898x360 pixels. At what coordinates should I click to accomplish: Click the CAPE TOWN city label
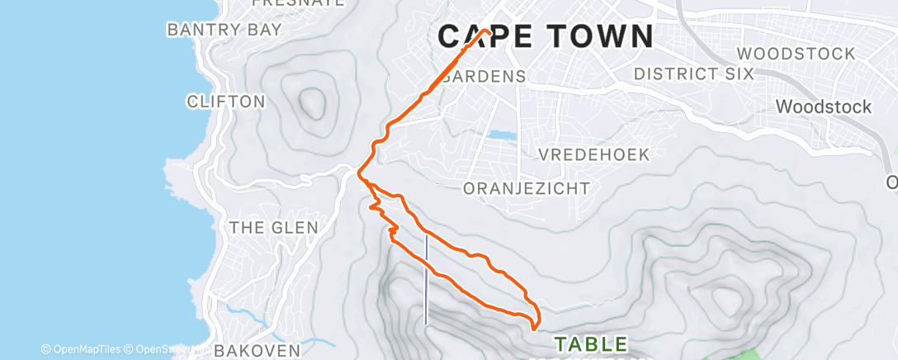[x=546, y=37]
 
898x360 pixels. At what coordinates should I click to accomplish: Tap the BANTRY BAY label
[x=224, y=29]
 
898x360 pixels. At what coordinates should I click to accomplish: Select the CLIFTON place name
[x=226, y=102]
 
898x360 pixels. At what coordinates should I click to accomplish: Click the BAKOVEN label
[x=257, y=350]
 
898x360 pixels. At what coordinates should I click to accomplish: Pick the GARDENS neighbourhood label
[x=484, y=76]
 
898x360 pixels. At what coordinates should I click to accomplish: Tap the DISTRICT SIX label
[x=694, y=73]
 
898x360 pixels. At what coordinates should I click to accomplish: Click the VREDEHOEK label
[x=594, y=154]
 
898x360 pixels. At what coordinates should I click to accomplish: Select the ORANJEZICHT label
[x=527, y=188]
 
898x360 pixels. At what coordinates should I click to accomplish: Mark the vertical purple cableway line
[x=426, y=280]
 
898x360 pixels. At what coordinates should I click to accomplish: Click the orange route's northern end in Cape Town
[x=489, y=31]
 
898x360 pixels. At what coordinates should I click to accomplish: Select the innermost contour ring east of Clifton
[x=311, y=102]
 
